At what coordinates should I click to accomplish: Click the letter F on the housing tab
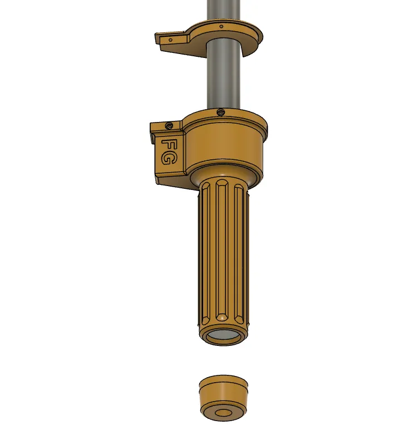point(168,145)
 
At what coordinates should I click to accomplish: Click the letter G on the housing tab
point(169,159)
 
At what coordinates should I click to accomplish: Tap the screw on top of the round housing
point(221,111)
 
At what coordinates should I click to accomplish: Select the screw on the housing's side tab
point(170,125)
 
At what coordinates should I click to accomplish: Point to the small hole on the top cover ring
point(221,27)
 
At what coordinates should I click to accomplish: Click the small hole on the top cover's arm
point(171,40)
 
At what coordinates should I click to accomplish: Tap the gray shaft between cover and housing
point(224,79)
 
